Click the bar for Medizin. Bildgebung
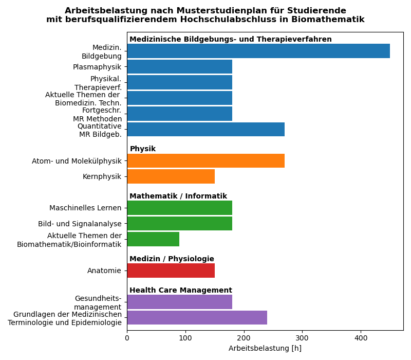pos(258,51)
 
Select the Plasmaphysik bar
pos(179,67)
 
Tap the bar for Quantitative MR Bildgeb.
pos(206,130)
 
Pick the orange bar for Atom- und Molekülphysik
pos(206,161)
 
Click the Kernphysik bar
pos(171,176)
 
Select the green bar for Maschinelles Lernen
pos(179,208)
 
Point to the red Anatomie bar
pos(171,271)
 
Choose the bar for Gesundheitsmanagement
pos(179,302)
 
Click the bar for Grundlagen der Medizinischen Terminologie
pos(197,317)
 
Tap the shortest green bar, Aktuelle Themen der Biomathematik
pos(153,239)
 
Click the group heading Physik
pos(142,149)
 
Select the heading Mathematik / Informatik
pos(178,196)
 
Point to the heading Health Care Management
pos(180,291)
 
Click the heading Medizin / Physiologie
pos(172,259)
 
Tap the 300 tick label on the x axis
pos(302,338)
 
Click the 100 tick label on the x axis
pos(185,338)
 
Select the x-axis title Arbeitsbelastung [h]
pos(265,349)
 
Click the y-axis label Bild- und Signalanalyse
pos(80,224)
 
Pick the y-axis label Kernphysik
pos(102,176)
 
